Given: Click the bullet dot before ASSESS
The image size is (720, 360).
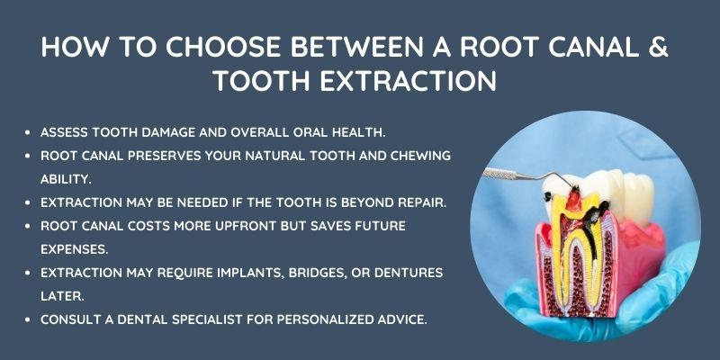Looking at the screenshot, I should [33, 131].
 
